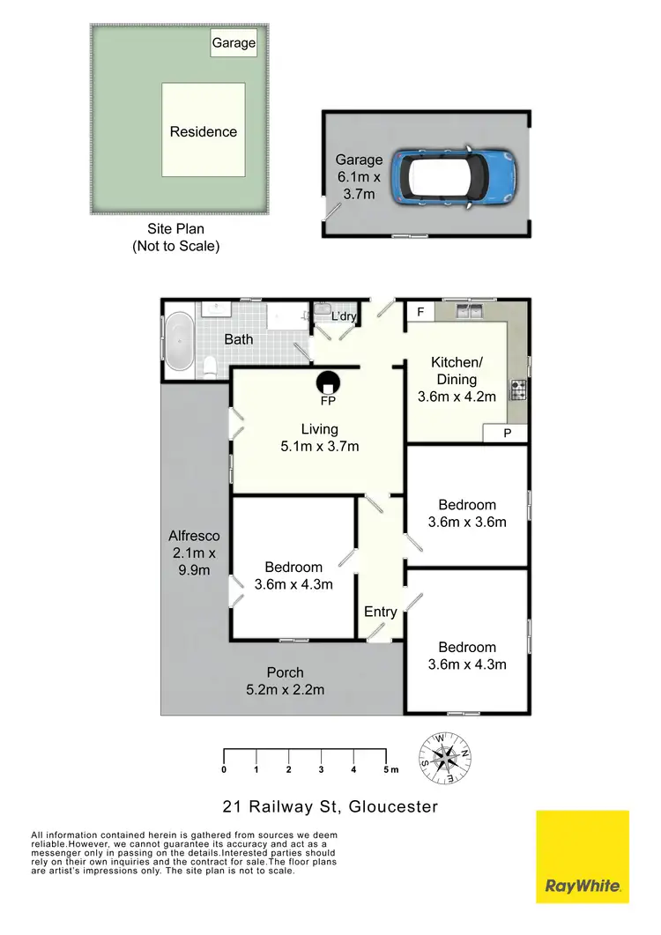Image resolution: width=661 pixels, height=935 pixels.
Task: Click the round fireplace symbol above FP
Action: coord(328,383)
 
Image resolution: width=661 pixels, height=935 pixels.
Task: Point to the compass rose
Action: coord(448,756)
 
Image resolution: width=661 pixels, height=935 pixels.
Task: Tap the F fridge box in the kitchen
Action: coord(420,312)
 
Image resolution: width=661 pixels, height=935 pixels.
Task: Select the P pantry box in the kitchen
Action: coord(508,433)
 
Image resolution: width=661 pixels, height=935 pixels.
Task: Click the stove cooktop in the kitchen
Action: coord(518,388)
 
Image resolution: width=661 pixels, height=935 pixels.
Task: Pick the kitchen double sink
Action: coord(469,311)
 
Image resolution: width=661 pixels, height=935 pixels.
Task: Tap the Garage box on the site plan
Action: coord(234,42)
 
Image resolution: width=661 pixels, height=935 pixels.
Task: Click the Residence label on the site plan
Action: coord(204,131)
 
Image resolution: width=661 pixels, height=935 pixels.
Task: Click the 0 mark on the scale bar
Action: coord(224,769)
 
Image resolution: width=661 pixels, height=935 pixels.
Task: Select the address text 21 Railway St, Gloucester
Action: coord(329,806)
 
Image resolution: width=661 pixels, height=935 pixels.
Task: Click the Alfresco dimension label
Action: coord(194,553)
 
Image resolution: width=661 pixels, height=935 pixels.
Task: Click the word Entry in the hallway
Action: coord(381,612)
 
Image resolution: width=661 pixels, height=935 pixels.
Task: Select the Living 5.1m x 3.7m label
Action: coord(319,438)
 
